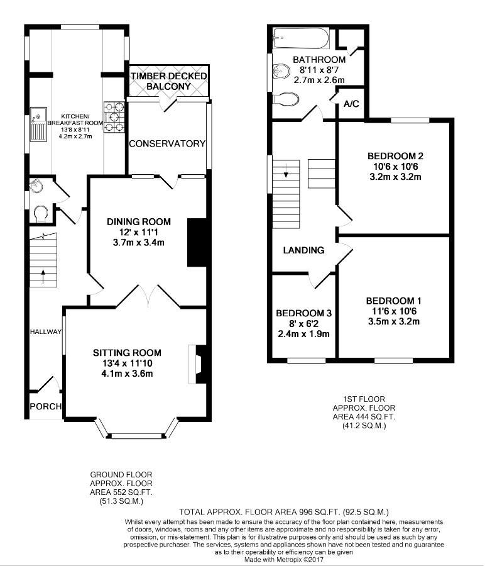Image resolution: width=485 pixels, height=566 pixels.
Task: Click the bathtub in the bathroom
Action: click(301, 38)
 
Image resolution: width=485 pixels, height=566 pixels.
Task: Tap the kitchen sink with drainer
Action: click(38, 123)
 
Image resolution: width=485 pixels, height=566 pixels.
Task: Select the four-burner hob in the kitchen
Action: click(114, 117)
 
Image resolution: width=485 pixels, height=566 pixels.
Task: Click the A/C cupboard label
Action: click(351, 104)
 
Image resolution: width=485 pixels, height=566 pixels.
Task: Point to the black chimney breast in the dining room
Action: click(197, 242)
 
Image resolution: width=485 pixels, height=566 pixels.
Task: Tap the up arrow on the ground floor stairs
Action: click(43, 276)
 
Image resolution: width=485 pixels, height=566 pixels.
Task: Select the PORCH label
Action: click(45, 406)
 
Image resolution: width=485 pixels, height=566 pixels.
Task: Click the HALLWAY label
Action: click(45, 331)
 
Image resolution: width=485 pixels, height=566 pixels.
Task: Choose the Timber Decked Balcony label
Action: click(169, 81)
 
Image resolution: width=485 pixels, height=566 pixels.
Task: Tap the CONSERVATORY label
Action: click(167, 143)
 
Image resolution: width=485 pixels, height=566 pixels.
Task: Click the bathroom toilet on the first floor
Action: click(286, 99)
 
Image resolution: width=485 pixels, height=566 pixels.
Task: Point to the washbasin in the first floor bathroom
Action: click(281, 71)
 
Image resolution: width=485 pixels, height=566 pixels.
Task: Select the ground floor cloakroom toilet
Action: click(40, 214)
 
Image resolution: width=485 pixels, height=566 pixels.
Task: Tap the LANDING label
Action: click(303, 250)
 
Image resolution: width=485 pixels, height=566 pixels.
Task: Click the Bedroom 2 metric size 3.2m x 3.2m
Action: click(395, 177)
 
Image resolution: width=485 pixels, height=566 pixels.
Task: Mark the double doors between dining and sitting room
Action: click(148, 296)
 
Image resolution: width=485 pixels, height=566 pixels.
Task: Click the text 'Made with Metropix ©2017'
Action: click(284, 560)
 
